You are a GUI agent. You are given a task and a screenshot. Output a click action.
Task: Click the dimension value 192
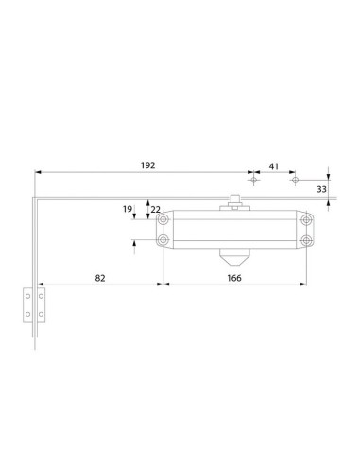click(147, 164)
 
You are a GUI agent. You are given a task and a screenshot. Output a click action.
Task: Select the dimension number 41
click(274, 165)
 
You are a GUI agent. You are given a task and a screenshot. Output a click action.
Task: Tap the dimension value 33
click(323, 190)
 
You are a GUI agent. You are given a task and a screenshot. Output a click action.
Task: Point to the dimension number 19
click(127, 209)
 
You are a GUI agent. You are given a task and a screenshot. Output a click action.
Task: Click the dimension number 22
click(156, 209)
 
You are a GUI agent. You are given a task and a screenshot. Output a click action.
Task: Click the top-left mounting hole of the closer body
click(164, 219)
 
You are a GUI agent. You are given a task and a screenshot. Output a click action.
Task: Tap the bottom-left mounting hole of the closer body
click(164, 241)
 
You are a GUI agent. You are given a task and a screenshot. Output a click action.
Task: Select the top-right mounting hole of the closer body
click(306, 219)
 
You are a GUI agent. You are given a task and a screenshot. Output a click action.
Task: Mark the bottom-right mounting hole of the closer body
click(306, 241)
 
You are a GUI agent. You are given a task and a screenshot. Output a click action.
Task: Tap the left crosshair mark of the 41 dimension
click(253, 178)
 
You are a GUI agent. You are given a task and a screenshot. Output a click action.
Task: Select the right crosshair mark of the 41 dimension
click(294, 178)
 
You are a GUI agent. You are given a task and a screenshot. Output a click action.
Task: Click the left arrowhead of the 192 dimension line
click(39, 171)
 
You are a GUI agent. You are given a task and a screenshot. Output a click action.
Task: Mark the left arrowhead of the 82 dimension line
click(39, 282)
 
